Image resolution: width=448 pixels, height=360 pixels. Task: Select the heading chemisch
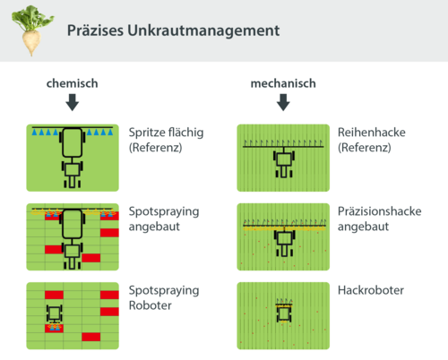73,83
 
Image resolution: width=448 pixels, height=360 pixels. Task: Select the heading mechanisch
283,83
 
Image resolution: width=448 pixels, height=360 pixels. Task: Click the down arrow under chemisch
73,103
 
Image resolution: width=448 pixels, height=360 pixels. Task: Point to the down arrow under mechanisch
283,103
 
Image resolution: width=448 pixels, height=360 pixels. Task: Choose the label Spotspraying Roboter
164,298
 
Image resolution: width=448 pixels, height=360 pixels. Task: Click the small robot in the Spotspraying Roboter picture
56,313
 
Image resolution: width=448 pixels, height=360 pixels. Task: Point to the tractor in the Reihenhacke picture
282,163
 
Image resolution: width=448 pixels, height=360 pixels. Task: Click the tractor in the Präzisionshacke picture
282,241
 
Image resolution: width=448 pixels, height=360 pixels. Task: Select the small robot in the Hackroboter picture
283,313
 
